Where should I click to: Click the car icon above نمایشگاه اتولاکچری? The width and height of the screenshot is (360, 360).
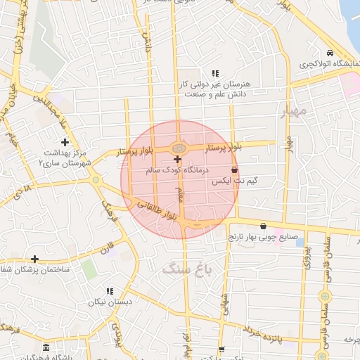click(x=330, y=54)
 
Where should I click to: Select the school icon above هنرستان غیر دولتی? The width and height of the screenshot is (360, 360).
click(x=215, y=73)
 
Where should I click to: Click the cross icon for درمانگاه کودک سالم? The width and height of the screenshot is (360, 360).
click(x=176, y=160)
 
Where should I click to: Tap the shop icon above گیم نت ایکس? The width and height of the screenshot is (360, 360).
click(x=234, y=170)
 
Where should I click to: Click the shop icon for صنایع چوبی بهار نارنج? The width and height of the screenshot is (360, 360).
click(x=263, y=226)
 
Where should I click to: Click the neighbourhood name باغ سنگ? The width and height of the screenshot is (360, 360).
click(x=181, y=267)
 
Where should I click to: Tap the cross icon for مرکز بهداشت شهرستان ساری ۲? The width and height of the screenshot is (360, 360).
click(x=65, y=143)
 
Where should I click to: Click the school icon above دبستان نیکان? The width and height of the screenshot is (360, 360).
click(x=109, y=291)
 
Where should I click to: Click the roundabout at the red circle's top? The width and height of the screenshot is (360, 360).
click(x=179, y=148)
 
